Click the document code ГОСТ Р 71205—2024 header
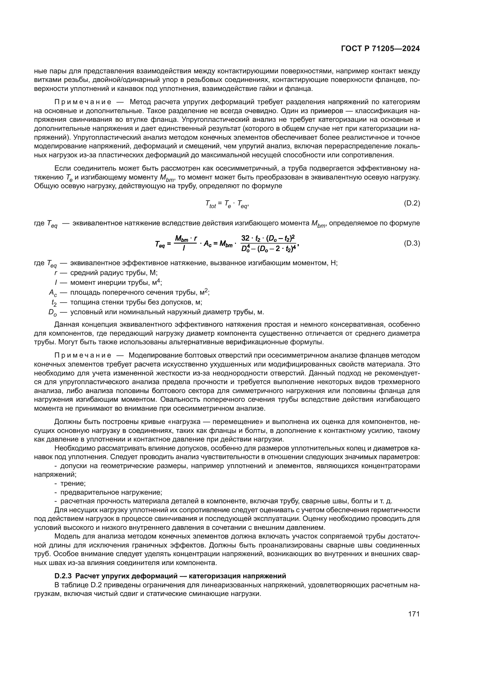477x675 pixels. [380, 49]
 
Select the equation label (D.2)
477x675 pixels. [412, 203]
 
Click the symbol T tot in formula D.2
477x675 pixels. [211, 204]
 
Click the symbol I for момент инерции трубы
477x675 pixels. [56, 282]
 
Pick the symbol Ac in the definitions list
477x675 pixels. [53, 293]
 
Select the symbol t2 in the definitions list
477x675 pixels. [54, 302]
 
